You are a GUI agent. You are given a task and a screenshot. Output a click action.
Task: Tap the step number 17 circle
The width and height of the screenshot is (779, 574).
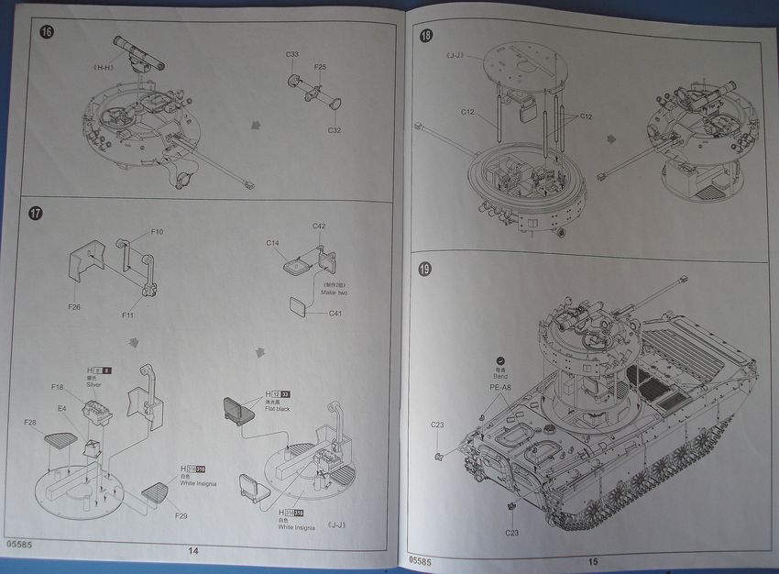(x=36, y=214)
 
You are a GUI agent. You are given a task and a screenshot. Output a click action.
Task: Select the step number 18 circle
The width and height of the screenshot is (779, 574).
(x=425, y=36)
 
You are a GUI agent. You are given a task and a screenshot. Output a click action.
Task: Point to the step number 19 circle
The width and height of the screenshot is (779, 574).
(x=426, y=270)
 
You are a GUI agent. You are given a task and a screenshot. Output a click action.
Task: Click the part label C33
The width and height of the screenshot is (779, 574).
(x=292, y=55)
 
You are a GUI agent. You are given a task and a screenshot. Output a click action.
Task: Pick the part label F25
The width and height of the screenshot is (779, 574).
(x=320, y=67)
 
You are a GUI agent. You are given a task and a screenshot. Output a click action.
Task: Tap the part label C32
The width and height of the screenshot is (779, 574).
(x=335, y=129)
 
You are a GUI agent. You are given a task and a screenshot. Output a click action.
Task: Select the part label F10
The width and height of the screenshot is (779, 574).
(x=158, y=233)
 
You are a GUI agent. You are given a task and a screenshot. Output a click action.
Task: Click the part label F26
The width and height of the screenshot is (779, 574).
(x=74, y=307)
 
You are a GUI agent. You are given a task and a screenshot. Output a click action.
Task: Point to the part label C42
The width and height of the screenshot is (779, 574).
(x=319, y=226)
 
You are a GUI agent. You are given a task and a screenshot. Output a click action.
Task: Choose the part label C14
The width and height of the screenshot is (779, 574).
(x=272, y=243)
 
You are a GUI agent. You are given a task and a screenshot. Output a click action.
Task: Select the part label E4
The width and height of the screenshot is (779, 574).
(x=62, y=409)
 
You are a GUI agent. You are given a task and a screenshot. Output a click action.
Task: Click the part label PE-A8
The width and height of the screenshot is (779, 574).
(x=500, y=386)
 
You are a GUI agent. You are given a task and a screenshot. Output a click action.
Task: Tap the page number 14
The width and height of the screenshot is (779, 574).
(x=193, y=551)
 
